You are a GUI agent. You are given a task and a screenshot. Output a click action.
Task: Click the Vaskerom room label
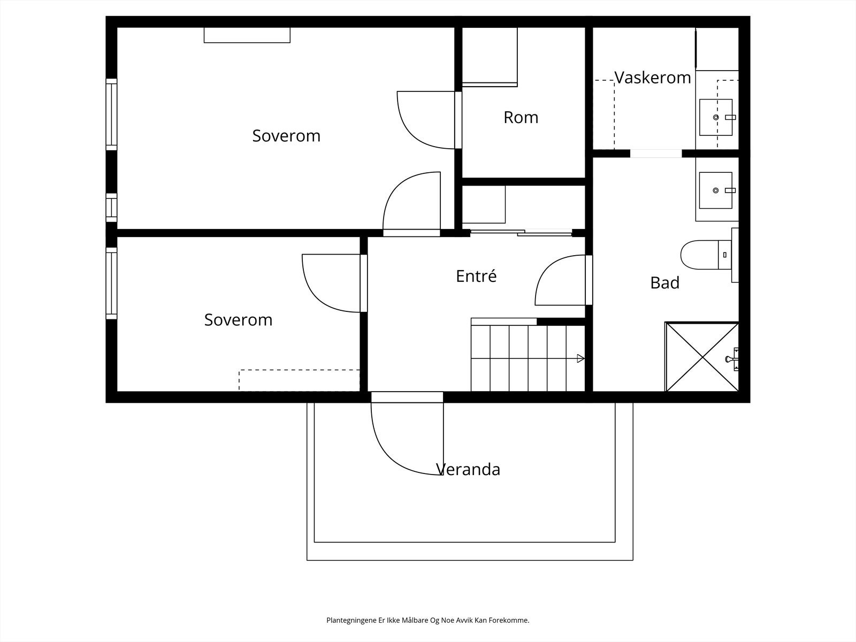(x=652, y=78)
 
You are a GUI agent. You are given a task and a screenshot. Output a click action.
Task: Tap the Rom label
(x=521, y=117)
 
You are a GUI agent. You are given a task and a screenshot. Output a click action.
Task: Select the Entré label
(x=476, y=276)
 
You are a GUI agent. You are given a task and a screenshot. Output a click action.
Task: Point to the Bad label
(x=664, y=282)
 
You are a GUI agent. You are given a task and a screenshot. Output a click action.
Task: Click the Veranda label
(x=468, y=469)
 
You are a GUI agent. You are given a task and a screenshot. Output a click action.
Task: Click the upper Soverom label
(x=286, y=136)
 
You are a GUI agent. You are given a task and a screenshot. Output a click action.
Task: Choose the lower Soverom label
(x=238, y=319)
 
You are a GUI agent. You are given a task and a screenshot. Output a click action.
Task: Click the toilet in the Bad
(x=706, y=255)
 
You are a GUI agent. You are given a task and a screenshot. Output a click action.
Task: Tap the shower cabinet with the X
(x=701, y=357)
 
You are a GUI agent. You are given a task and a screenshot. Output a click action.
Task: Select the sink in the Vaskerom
(x=716, y=117)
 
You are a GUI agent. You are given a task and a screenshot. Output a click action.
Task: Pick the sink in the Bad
(x=716, y=190)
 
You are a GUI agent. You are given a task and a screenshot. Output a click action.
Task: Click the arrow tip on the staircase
(x=584, y=358)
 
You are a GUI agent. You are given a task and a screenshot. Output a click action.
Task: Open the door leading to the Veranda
(x=407, y=439)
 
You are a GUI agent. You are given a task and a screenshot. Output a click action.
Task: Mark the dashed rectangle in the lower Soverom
(x=299, y=380)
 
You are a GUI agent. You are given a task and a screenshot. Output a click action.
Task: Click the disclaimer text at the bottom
(x=428, y=620)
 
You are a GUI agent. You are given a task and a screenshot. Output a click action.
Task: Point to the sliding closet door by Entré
(x=521, y=233)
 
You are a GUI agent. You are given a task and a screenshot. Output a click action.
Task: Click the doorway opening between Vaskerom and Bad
(x=656, y=154)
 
